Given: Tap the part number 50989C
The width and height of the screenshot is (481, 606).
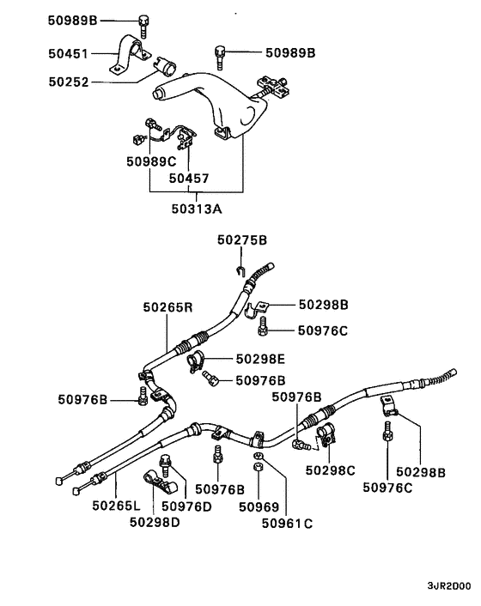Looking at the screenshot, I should [151, 161].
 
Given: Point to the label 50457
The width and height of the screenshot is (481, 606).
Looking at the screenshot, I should [189, 179].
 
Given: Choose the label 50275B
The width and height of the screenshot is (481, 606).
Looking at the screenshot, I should [242, 240].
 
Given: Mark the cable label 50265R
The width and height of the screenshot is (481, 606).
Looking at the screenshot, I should [168, 306].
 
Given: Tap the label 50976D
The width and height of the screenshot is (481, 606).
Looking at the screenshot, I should [186, 506].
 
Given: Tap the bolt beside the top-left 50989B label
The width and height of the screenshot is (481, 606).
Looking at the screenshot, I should [143, 23].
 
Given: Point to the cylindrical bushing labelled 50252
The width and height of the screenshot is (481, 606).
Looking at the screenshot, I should [163, 64].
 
